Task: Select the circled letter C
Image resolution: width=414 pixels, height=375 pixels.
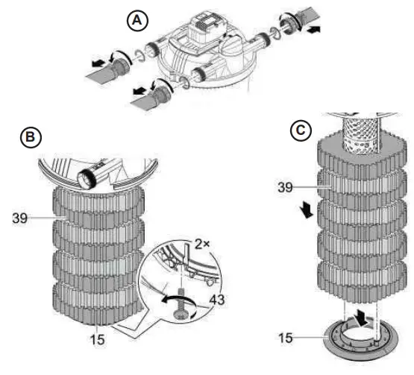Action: point(300,130)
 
